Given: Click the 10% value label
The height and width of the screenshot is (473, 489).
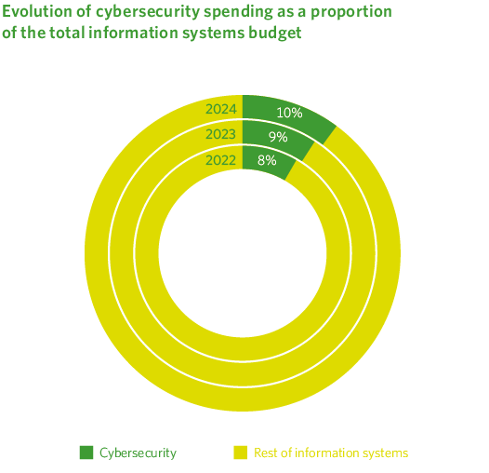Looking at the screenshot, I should [x=289, y=113].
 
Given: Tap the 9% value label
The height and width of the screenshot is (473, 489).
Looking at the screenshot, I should [x=277, y=137].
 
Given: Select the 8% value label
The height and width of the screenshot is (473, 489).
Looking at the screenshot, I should [x=266, y=160].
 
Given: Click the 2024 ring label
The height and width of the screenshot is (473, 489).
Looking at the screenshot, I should [x=221, y=110].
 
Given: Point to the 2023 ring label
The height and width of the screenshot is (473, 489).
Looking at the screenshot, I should [x=221, y=134].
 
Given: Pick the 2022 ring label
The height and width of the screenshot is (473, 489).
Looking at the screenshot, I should [x=221, y=159].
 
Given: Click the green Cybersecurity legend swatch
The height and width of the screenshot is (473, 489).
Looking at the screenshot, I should [x=86, y=453].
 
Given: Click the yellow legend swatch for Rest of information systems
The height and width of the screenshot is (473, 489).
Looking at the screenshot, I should [x=240, y=453].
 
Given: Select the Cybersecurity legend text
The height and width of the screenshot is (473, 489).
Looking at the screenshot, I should [x=138, y=453].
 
